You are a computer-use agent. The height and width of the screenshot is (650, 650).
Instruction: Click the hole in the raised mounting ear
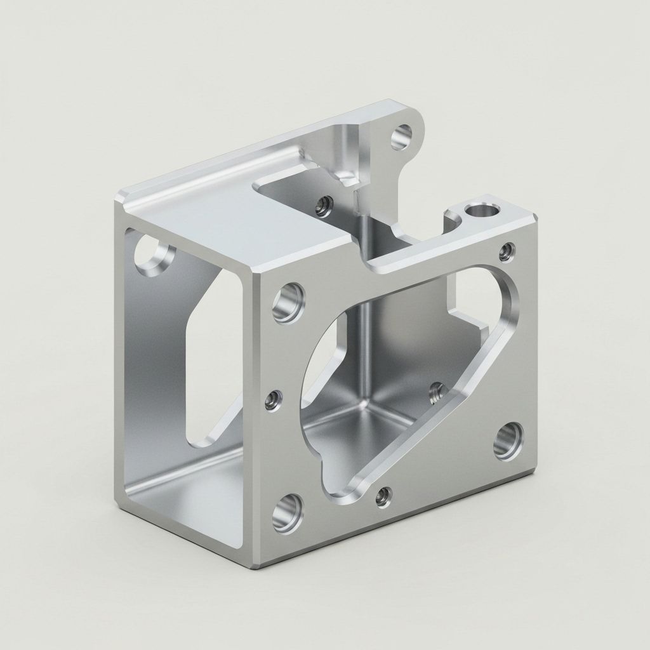(x=401, y=136)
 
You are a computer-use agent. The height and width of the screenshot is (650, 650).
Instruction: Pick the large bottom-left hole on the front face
(x=288, y=512)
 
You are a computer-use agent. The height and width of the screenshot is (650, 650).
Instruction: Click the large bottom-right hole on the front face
(x=508, y=442)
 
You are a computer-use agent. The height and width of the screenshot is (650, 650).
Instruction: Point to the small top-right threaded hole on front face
(x=506, y=253)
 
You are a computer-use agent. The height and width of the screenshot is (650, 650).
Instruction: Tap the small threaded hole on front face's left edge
(x=274, y=401)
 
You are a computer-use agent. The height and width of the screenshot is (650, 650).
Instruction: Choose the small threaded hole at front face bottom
(x=383, y=497)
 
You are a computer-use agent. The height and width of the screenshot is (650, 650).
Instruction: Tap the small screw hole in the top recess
(x=324, y=206)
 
